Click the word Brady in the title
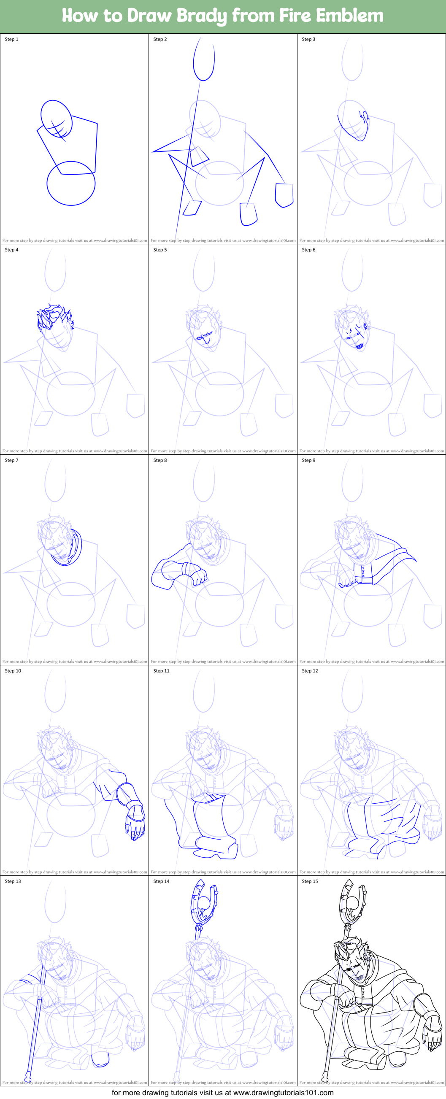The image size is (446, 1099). (202, 16)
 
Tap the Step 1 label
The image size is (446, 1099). (11, 39)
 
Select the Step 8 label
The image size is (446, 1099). (160, 460)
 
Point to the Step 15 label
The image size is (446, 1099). (310, 881)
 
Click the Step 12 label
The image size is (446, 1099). (310, 671)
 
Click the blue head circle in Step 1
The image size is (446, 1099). (56, 119)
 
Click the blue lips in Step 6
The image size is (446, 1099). (360, 346)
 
